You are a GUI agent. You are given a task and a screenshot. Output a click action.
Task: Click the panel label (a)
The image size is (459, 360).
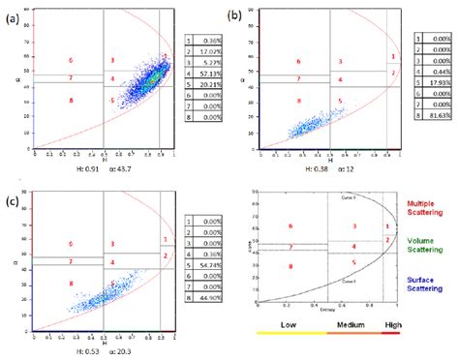[13, 16]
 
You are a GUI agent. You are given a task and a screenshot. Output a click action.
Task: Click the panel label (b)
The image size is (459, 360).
[232, 15]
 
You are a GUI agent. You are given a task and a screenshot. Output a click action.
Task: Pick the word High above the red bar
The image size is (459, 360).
[391, 324]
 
